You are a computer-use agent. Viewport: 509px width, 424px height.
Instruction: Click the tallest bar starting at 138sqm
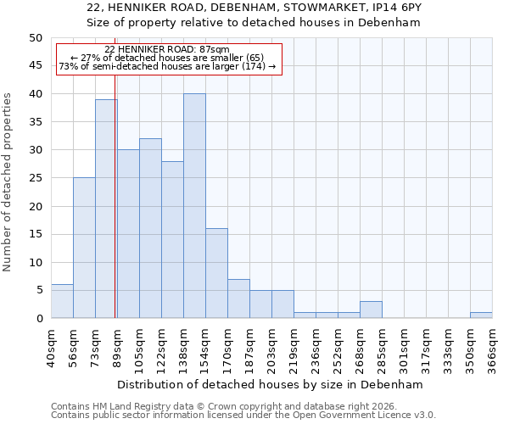(x=194, y=206)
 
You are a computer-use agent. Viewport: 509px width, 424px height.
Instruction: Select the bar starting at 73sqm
(x=106, y=209)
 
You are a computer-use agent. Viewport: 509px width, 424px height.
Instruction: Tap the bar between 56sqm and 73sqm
(x=84, y=248)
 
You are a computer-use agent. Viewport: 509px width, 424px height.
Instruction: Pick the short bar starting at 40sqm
(x=62, y=301)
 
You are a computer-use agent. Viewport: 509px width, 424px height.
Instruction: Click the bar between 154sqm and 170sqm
(x=216, y=273)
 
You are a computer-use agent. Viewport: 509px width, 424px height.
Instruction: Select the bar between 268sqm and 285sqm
(x=371, y=310)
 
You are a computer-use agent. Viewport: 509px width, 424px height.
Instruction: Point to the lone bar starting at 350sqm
(x=481, y=315)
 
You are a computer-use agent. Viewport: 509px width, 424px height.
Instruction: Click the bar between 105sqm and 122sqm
(x=150, y=228)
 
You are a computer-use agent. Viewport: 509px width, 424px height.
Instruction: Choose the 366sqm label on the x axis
(x=492, y=346)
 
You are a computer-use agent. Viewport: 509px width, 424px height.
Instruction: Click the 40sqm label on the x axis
(x=51, y=346)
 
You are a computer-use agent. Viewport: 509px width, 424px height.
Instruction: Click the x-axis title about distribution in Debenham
(x=271, y=384)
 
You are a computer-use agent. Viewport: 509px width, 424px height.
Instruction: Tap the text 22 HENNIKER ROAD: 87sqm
(x=167, y=50)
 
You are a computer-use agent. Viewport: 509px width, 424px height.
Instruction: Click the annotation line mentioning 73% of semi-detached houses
(x=167, y=66)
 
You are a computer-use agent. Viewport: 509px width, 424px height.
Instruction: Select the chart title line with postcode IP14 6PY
(x=254, y=7)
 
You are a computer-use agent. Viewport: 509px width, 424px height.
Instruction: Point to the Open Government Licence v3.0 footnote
(x=243, y=415)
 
